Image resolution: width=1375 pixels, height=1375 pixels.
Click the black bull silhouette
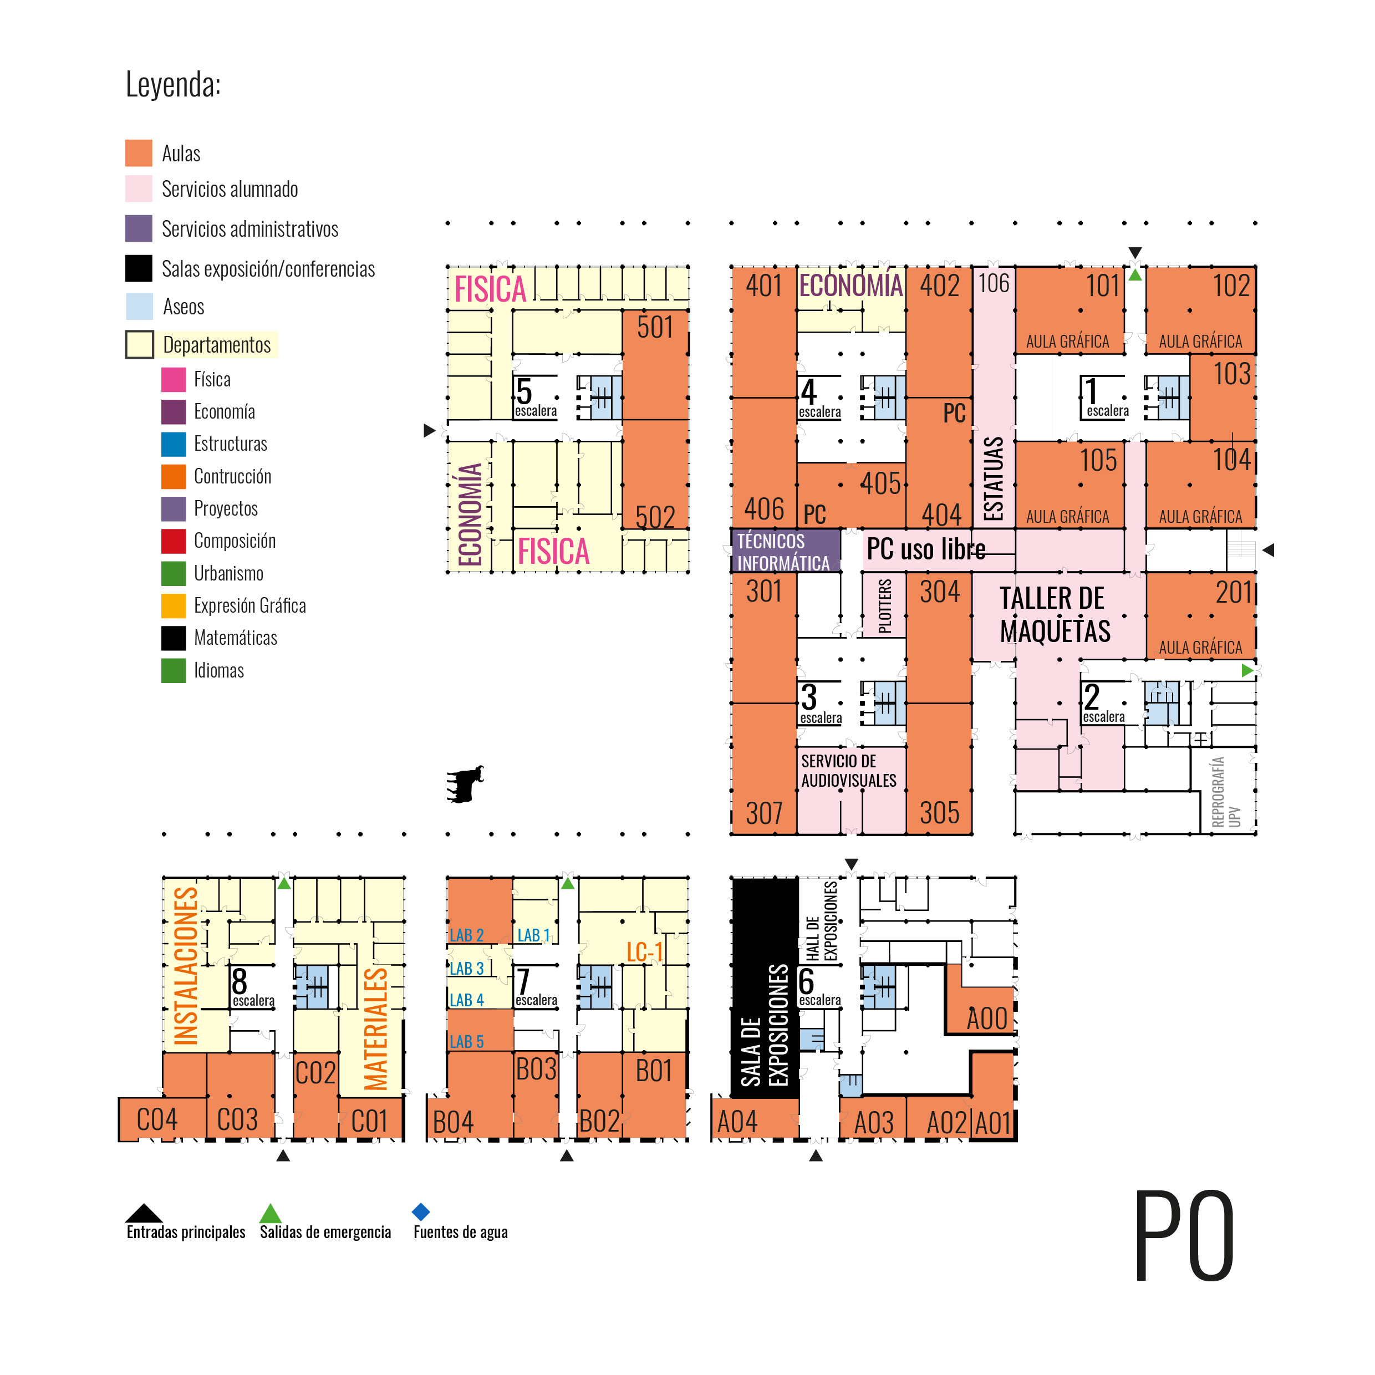(466, 785)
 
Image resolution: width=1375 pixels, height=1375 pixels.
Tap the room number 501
(655, 327)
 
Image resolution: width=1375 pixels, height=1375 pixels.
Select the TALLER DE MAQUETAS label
(1054, 615)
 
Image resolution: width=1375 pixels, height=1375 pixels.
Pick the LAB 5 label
(466, 1042)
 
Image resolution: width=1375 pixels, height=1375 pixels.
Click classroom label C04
(156, 1120)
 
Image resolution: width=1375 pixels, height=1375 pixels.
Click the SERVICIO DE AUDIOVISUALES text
(848, 771)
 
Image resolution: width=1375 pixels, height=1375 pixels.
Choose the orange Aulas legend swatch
(139, 153)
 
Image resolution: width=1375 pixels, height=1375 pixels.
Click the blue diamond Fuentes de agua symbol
(421, 1211)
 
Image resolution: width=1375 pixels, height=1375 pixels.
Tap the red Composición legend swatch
(174, 541)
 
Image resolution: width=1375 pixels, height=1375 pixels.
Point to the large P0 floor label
(1184, 1236)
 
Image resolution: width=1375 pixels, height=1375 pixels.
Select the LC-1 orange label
(644, 951)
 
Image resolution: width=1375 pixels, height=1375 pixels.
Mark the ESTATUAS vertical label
(993, 478)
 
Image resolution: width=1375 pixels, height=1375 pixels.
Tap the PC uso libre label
(925, 549)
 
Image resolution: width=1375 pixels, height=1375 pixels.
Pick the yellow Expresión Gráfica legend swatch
(174, 605)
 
